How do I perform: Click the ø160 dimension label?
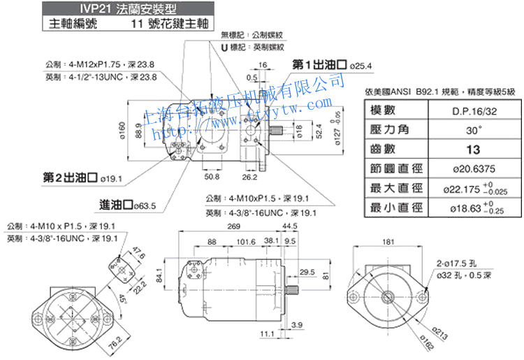[122, 129]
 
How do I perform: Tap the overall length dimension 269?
[234, 226]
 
